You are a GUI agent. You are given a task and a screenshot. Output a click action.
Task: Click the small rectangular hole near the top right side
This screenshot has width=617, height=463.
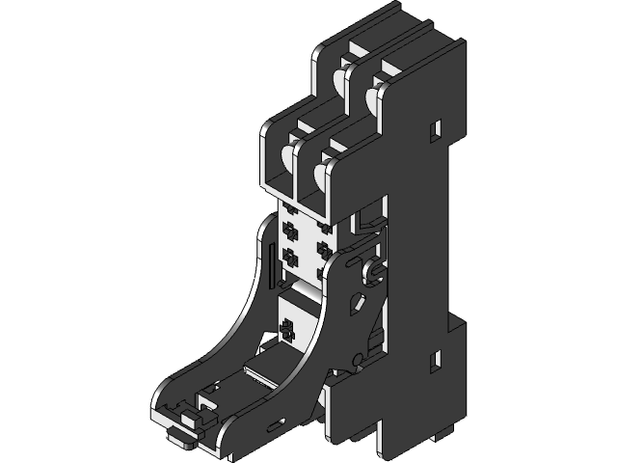tap(436, 126)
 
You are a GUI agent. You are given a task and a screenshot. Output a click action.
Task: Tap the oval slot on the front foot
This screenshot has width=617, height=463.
tap(279, 422)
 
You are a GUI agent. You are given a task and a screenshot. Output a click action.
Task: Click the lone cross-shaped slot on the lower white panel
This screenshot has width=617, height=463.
tap(285, 330)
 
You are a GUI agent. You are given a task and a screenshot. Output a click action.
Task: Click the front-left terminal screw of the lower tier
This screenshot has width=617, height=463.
tap(285, 158)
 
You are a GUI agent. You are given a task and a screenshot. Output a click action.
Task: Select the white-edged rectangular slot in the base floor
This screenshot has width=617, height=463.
tap(262, 368)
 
